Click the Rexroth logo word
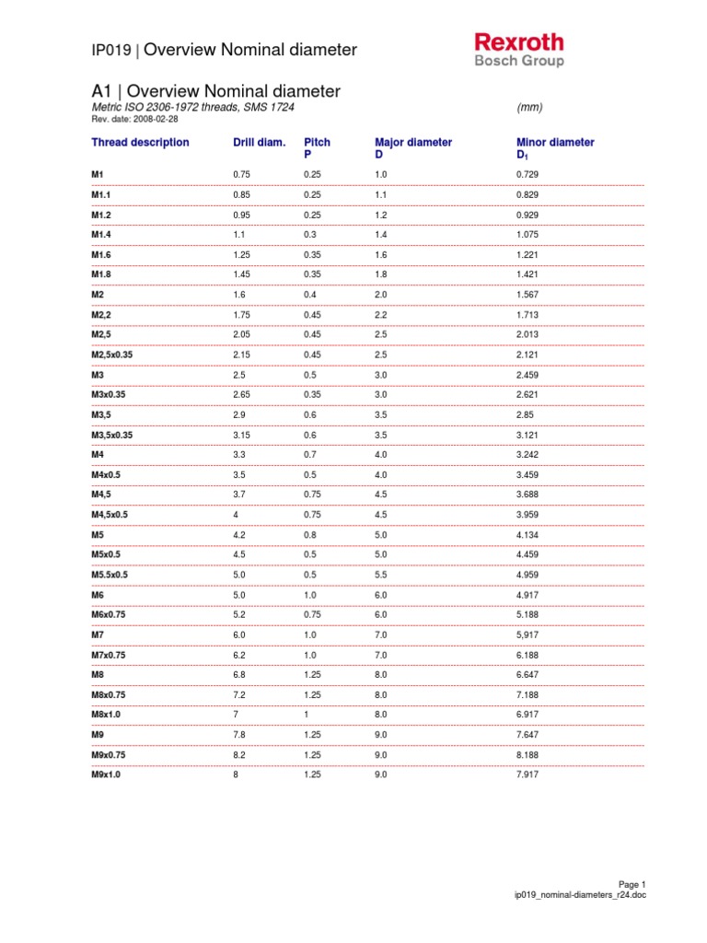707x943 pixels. tap(518, 42)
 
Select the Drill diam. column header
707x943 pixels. tap(260, 143)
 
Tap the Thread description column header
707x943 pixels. tap(140, 143)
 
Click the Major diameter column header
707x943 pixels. tap(413, 143)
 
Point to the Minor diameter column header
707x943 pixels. tap(555, 143)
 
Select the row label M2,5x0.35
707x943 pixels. tap(118, 355)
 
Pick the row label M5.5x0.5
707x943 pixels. tap(110, 575)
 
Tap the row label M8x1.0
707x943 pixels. tap(106, 715)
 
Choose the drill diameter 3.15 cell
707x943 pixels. tap(243, 435)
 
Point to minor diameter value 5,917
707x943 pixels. tap(528, 634)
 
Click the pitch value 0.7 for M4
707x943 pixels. tap(310, 455)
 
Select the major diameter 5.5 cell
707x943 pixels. tap(382, 575)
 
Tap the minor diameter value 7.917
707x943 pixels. tap(528, 774)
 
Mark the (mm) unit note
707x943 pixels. tap(530, 108)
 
